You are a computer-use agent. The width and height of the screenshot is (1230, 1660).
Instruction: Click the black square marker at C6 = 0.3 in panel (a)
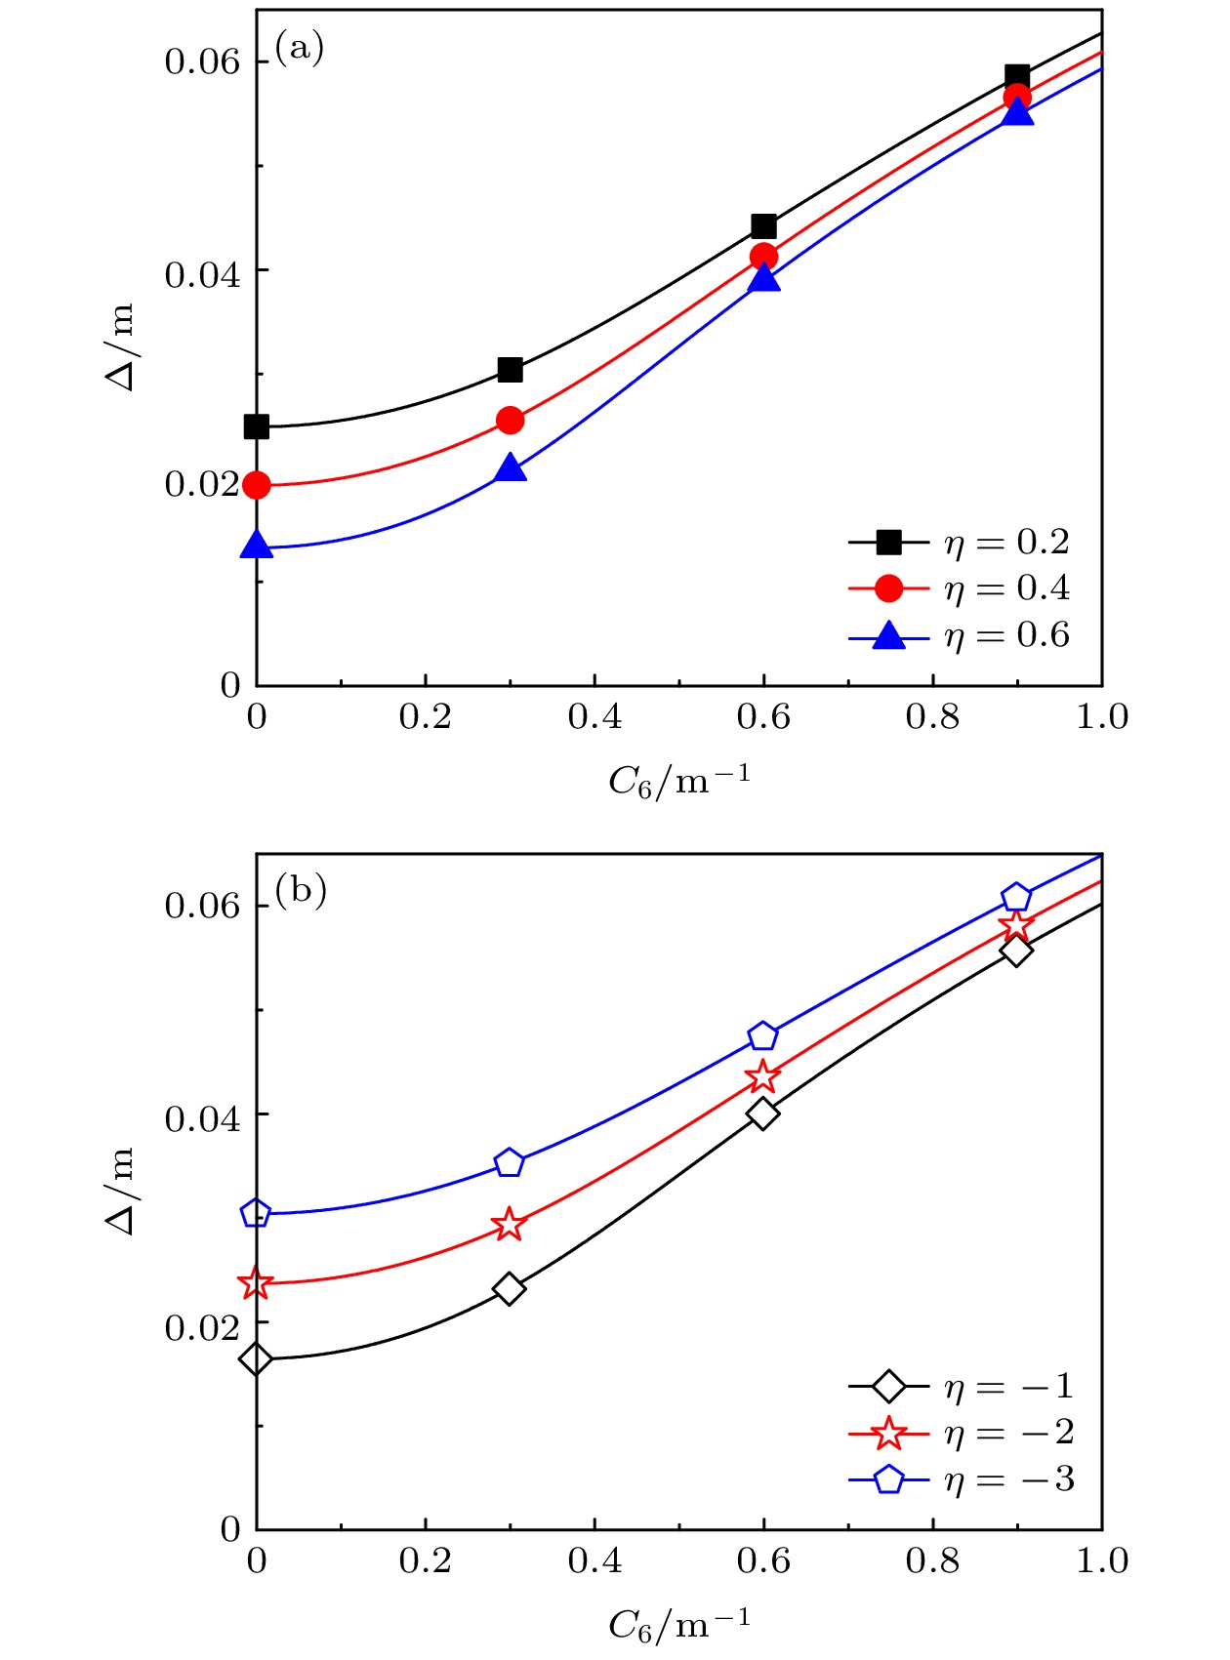tap(510, 370)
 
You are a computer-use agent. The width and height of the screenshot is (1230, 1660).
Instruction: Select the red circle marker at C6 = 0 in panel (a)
tap(256, 484)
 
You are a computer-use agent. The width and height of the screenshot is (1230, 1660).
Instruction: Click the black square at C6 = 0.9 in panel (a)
tap(1017, 76)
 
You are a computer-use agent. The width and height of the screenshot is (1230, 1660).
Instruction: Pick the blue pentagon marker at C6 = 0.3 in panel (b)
tap(509, 1162)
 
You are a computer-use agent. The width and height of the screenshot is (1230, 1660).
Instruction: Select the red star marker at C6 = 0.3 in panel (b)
tap(509, 1224)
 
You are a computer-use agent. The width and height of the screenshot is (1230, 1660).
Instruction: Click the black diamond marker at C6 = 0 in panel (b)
tap(256, 1358)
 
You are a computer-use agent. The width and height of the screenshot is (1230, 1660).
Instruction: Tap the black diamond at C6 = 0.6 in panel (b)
tap(762, 1113)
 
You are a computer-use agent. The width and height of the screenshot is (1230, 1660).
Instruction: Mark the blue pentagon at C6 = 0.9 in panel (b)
tap(1016, 897)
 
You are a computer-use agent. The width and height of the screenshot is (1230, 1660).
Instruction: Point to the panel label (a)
tap(299, 47)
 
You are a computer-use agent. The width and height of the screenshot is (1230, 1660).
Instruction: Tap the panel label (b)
tap(300, 890)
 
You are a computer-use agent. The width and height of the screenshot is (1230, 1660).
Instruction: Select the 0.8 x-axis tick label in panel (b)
tap(932, 1560)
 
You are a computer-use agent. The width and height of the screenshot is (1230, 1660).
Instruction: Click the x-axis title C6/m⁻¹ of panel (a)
tap(679, 780)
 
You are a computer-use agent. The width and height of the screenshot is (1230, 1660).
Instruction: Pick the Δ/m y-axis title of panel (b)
tap(121, 1192)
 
